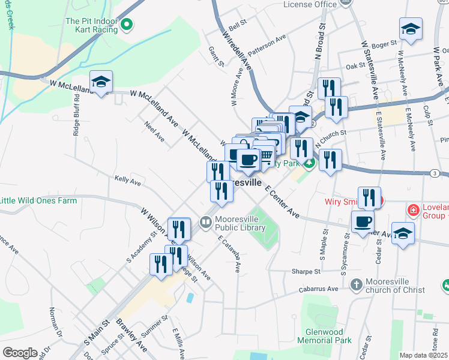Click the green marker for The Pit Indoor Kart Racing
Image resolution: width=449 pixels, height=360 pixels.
tap(127, 25)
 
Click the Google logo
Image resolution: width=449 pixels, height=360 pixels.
tap(19, 352)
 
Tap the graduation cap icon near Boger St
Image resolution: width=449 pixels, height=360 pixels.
tap(411, 29)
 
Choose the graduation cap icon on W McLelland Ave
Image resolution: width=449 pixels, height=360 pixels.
tap(101, 82)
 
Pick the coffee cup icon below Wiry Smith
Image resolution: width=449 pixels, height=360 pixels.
tap(363, 221)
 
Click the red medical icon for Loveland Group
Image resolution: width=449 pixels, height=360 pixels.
tap(413, 210)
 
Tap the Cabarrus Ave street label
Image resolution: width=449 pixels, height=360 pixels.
tap(319, 289)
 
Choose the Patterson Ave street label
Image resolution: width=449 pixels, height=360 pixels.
tap(267, 46)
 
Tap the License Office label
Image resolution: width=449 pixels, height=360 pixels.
tap(309, 4)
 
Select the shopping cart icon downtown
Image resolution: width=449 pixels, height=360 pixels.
tap(265, 155)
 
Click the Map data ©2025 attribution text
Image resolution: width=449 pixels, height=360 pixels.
tap(424, 355)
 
